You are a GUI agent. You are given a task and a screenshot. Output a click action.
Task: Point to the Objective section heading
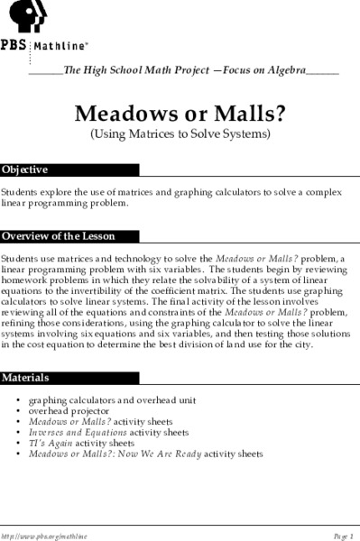(25, 170)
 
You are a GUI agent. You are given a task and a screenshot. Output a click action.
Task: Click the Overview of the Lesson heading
(58, 236)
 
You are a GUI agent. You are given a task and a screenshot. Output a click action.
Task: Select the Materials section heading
(26, 376)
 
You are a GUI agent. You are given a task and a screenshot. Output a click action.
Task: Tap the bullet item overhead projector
(69, 410)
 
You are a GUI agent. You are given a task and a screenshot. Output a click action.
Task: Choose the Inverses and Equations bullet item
(108, 433)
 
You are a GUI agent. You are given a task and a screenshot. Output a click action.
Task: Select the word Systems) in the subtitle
(245, 135)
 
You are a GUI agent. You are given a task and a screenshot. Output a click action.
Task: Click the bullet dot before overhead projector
(18, 410)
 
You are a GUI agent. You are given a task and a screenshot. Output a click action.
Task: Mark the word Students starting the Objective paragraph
(17, 191)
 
